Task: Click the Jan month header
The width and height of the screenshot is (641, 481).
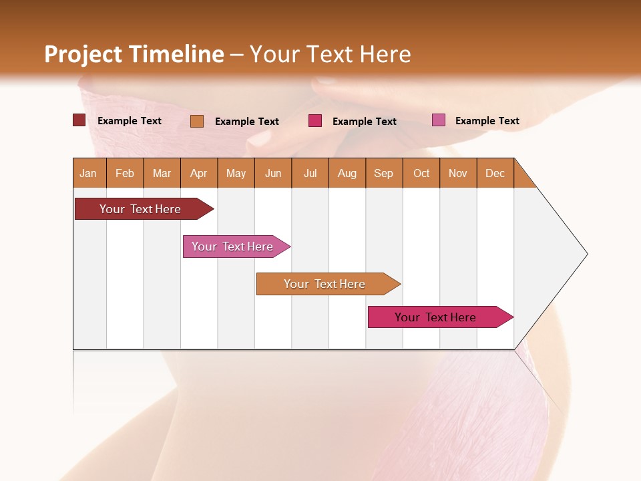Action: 88,173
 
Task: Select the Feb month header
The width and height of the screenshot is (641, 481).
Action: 125,173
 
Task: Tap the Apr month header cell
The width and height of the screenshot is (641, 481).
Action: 198,173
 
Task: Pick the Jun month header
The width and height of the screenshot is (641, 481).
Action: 273,173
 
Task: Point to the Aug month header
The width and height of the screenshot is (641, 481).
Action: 347,173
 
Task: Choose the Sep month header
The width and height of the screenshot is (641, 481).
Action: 383,173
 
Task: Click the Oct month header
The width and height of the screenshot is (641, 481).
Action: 421,173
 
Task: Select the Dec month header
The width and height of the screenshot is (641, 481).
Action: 495,173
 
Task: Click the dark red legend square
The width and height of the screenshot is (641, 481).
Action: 79,120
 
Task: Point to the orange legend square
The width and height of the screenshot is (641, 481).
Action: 197,121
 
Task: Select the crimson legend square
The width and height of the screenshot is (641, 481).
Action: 315,121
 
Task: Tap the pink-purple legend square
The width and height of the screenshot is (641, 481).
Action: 439,120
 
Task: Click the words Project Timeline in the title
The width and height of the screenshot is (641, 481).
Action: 134,54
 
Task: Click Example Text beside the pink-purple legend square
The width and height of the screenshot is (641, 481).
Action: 487,121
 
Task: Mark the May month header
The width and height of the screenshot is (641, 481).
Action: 236,173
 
